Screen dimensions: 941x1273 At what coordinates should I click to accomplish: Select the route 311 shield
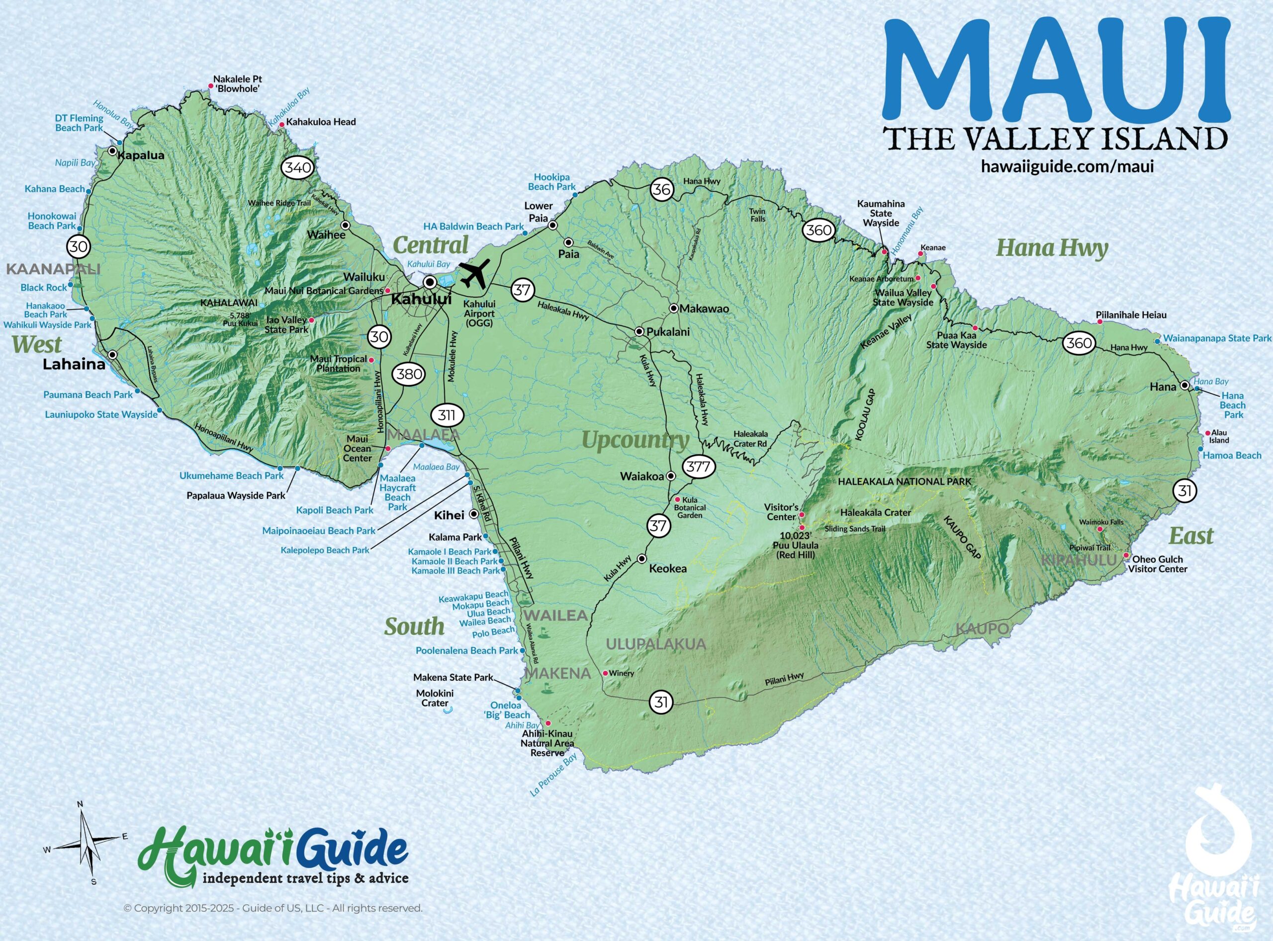(447, 415)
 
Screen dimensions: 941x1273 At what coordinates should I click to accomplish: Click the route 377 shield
(698, 467)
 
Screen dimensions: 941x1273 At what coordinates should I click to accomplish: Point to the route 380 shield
(409, 374)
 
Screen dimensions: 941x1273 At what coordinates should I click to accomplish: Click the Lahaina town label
(74, 365)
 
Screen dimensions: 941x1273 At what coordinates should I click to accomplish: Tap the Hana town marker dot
(1184, 386)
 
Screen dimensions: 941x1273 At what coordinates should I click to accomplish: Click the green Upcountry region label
(635, 440)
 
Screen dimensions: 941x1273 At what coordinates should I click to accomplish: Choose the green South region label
(414, 627)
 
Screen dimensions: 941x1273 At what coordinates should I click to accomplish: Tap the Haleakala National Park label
(904, 481)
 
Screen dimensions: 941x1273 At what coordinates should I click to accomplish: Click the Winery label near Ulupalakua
(622, 673)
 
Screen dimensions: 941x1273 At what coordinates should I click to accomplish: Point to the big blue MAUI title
(1055, 69)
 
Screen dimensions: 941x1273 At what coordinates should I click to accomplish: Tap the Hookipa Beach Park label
(552, 182)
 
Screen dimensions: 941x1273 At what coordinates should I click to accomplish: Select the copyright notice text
(273, 908)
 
